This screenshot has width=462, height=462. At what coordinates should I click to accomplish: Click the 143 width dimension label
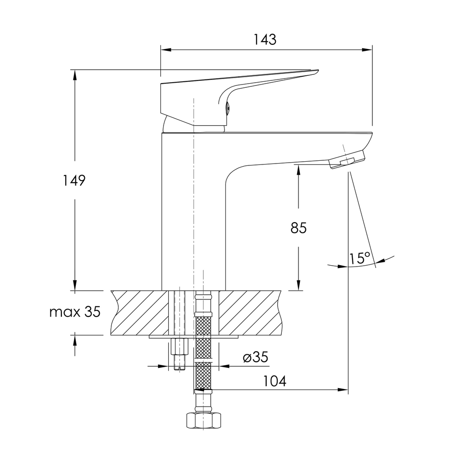(x=265, y=40)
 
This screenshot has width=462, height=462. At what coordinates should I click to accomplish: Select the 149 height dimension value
(x=74, y=180)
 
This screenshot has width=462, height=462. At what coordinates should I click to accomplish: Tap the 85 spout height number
(x=298, y=228)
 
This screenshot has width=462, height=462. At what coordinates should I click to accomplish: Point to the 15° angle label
(x=359, y=258)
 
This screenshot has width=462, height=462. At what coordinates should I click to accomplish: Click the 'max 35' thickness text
(x=75, y=311)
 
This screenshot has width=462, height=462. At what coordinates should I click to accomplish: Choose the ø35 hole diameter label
(x=255, y=357)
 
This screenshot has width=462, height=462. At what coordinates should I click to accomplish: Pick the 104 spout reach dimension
(x=274, y=381)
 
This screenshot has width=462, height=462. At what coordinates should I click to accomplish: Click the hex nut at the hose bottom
(x=204, y=420)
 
